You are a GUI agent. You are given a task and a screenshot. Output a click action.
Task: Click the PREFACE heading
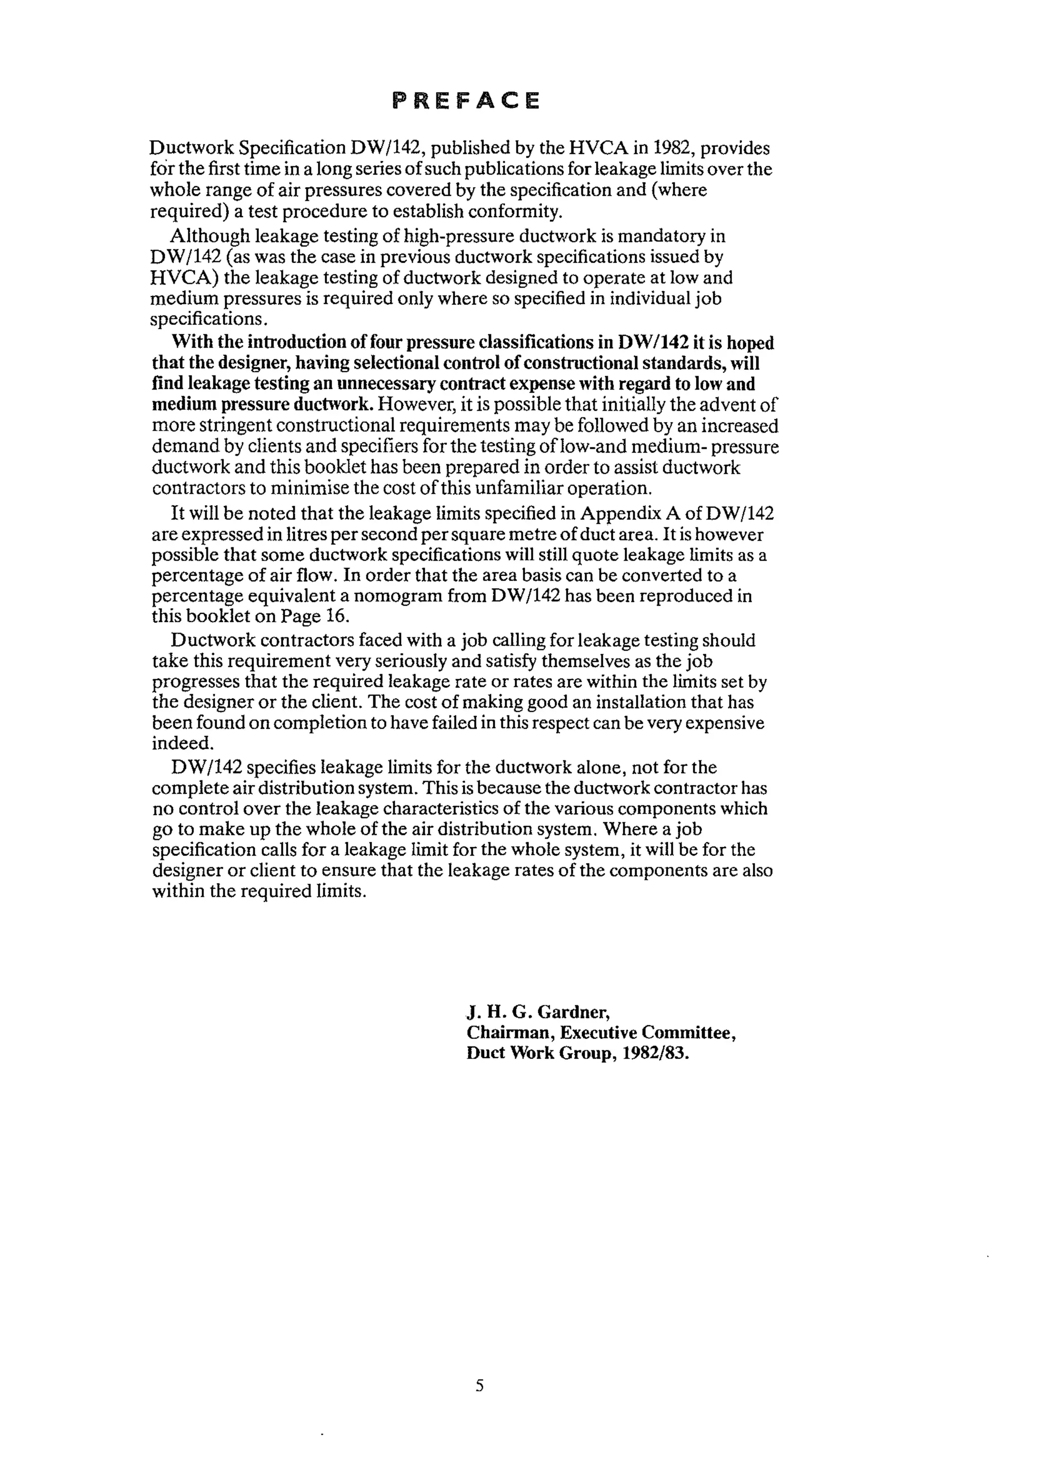tap(466, 100)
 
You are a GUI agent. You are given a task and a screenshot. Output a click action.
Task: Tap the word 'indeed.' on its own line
tap(182, 743)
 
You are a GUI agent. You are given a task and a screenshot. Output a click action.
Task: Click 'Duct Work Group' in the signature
tap(529, 1054)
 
